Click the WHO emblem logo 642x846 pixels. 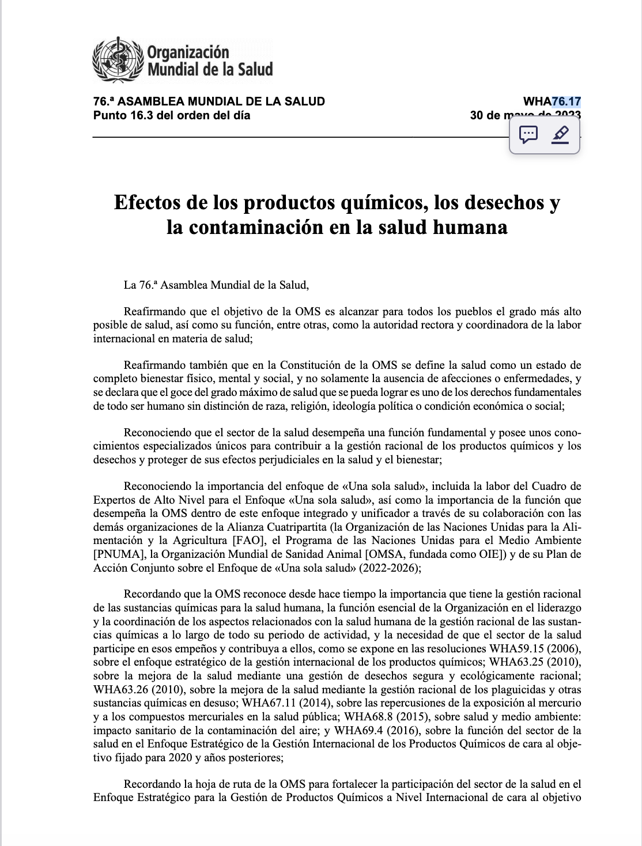click(118, 60)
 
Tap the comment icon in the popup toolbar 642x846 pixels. click(528, 135)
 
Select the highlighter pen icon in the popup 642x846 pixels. click(560, 135)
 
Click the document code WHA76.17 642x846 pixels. click(552, 101)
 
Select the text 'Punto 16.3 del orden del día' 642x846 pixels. click(172, 115)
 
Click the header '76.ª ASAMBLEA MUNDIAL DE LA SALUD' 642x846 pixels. click(209, 101)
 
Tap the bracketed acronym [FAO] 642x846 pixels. click(248, 541)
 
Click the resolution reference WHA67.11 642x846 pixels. click(267, 703)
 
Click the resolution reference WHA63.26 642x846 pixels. click(121, 689)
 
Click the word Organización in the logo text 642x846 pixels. click(188, 52)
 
